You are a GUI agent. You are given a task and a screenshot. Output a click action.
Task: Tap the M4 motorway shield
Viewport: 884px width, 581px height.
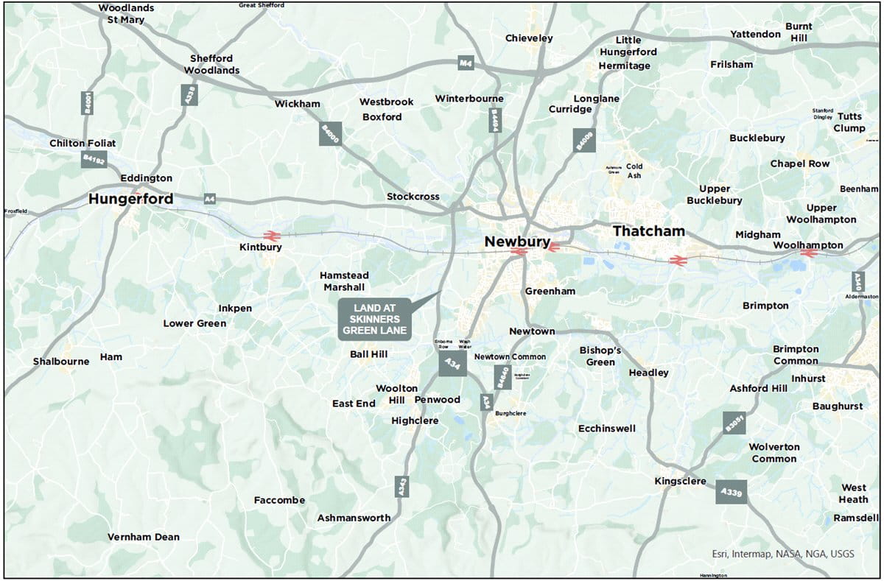point(465,63)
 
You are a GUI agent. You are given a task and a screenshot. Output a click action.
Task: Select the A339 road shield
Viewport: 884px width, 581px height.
point(732,491)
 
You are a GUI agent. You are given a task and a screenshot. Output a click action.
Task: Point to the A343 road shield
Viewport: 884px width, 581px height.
point(401,486)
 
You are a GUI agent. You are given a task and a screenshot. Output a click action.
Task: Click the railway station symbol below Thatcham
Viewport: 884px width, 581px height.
point(676,259)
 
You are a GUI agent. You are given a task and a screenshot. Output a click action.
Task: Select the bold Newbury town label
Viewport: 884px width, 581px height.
point(517,241)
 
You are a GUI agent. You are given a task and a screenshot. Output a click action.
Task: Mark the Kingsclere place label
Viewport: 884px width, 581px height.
point(680,482)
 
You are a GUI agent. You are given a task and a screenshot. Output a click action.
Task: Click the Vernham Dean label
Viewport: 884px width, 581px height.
point(144,537)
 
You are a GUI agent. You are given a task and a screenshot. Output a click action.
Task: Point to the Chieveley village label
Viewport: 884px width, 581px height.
point(529,38)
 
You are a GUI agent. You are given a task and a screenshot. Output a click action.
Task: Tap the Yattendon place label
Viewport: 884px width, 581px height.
point(755,34)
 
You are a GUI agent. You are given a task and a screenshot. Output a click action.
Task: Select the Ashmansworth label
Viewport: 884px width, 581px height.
point(354,518)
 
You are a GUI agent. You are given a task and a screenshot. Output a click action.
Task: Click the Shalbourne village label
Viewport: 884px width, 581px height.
point(61,361)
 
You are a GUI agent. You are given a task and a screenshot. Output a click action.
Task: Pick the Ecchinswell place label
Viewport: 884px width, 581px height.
point(606,428)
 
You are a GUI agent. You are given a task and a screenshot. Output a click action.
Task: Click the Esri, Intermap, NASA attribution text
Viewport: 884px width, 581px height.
point(782,554)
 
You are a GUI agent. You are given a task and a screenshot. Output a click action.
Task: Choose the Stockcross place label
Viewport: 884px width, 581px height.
point(413,197)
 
